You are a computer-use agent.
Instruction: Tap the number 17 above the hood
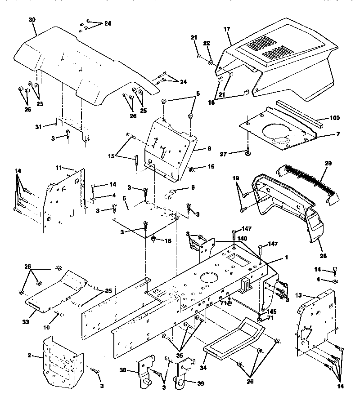click(226, 29)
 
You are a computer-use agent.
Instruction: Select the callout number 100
click(334, 118)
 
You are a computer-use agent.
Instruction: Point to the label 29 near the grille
click(328, 164)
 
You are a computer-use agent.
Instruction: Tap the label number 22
click(207, 43)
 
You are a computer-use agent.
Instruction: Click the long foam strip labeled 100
click(299, 114)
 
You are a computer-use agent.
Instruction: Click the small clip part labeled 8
click(171, 194)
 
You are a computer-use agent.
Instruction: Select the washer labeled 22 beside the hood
click(210, 58)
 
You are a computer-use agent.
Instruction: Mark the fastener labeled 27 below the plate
click(248, 155)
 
